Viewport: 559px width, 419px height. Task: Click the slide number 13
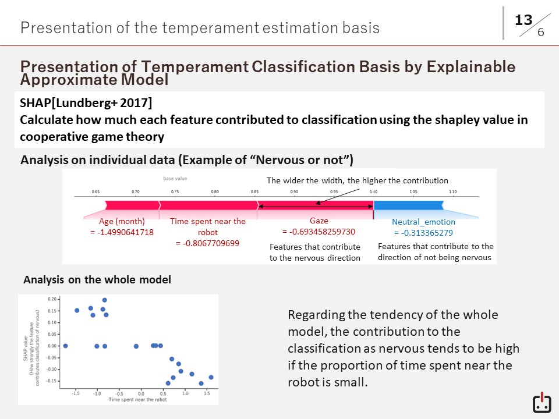coord(523,20)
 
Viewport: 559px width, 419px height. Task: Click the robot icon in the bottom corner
coord(542,403)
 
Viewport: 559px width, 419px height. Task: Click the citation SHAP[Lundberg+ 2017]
coord(86,104)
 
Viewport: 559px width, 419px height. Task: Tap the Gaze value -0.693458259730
coord(319,232)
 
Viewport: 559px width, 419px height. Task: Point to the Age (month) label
coord(122,222)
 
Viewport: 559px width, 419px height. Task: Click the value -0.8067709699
coord(207,243)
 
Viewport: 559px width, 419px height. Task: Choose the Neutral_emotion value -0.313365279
coord(423,233)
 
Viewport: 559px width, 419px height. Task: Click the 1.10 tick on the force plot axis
coord(452,191)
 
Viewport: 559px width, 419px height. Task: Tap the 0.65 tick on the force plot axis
coord(96,191)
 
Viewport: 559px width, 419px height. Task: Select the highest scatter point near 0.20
coord(104,300)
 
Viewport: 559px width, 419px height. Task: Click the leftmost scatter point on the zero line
coord(65,346)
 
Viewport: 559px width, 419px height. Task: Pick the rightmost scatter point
coord(211,377)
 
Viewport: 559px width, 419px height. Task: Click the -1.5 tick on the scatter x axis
coord(76,393)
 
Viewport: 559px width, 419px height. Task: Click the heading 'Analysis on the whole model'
coord(97,280)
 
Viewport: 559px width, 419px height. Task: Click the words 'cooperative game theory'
coord(92,137)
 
